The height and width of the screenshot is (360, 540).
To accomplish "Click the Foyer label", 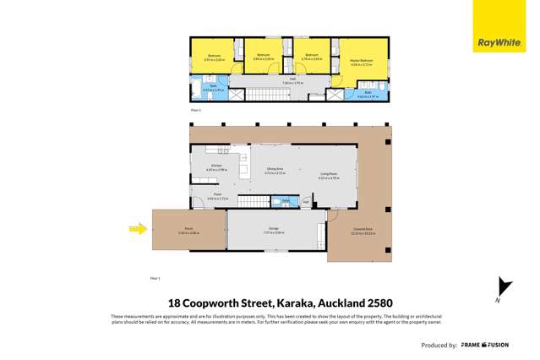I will [x=217, y=197].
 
